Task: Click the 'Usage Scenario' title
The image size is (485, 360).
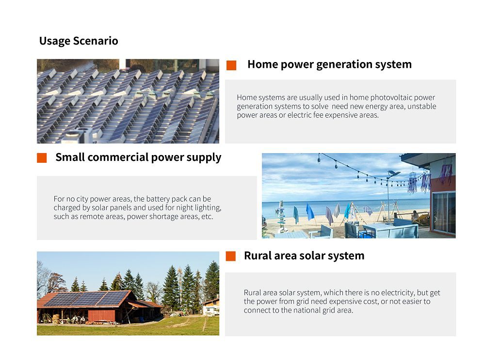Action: pos(79,41)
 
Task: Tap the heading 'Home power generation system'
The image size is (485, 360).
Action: pos(329,64)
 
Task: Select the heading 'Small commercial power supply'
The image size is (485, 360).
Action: pos(138,157)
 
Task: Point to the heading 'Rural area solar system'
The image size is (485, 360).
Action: pos(304,256)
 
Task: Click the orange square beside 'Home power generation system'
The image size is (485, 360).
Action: pos(231,65)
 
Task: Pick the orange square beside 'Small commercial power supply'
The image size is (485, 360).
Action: pos(42,158)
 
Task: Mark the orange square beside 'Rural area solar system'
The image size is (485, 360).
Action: pos(231,256)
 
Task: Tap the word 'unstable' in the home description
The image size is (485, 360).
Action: pos(422,106)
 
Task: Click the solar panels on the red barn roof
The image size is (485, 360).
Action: pos(87,298)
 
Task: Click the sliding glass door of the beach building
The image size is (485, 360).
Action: pos(444,213)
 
